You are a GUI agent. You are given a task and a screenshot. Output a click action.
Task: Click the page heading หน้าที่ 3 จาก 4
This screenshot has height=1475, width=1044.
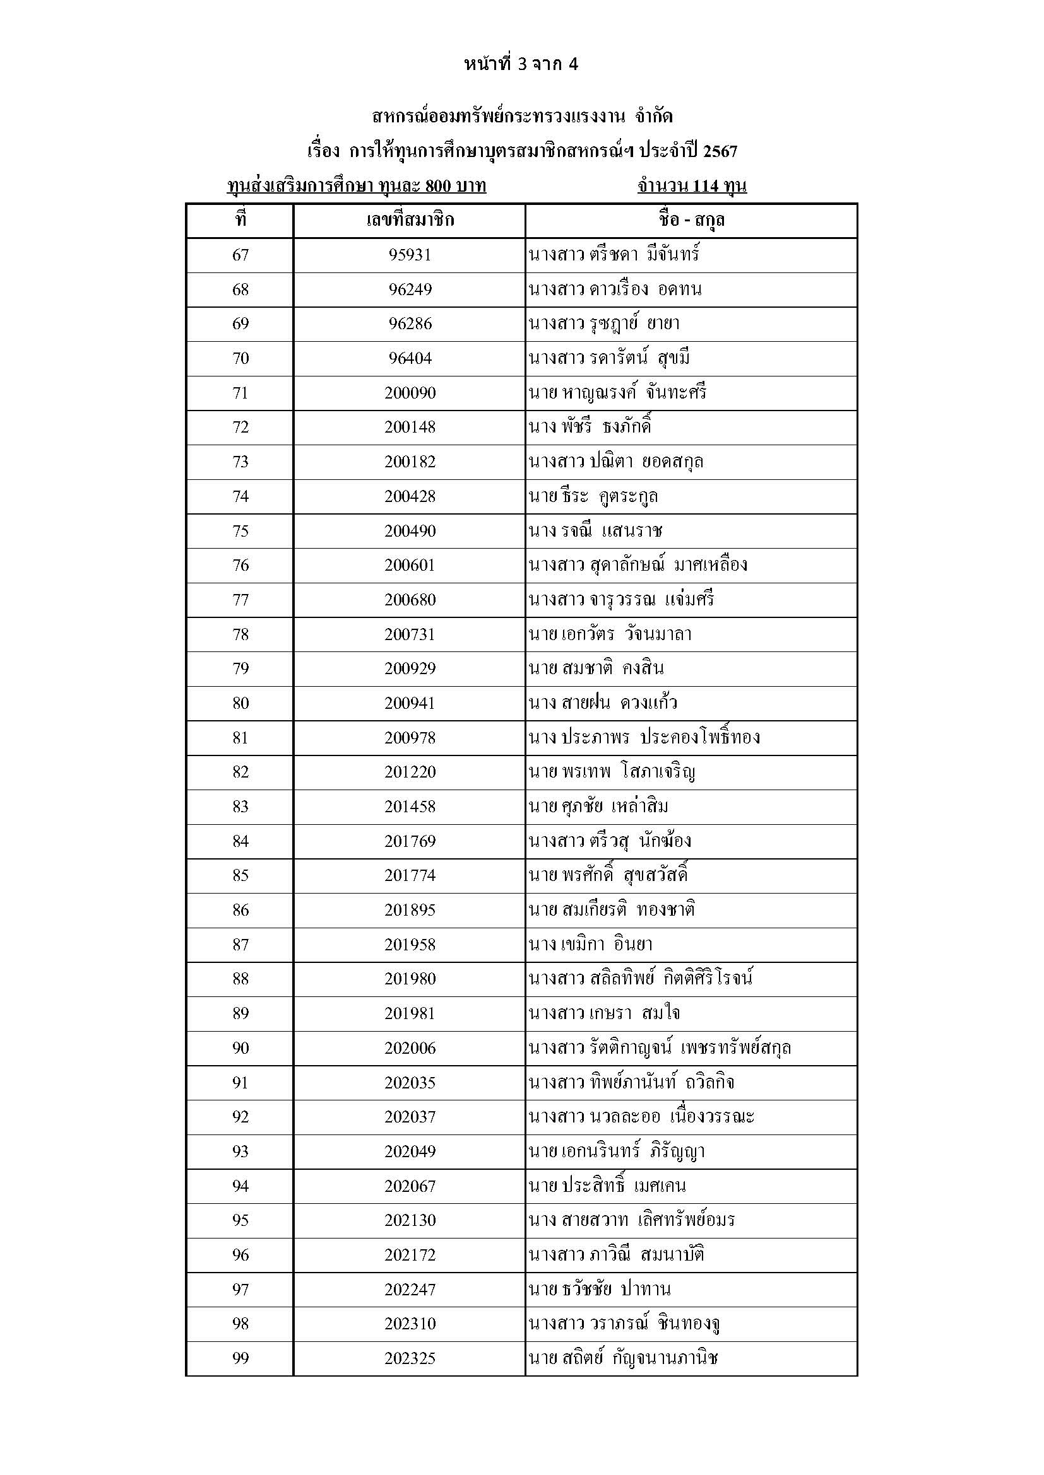[x=521, y=64]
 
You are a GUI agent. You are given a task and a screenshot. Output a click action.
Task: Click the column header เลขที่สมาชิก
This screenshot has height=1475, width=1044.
[x=410, y=220]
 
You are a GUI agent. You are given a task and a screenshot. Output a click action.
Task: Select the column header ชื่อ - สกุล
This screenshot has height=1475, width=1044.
[x=691, y=220]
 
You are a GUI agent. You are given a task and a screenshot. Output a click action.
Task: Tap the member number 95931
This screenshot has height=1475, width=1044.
[x=410, y=255]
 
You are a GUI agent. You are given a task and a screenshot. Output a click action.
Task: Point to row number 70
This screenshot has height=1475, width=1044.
[x=240, y=358]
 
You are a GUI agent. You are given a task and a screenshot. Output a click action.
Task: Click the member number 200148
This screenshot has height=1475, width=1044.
[x=410, y=427]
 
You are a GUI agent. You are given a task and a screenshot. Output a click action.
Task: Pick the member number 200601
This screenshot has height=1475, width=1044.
[x=410, y=565]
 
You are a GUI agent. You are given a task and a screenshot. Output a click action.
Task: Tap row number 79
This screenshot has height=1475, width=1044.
[x=240, y=668]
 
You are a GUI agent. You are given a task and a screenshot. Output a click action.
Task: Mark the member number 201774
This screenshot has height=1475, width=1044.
[x=410, y=875]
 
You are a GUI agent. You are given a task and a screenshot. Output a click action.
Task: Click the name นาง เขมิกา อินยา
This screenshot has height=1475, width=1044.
[x=590, y=945]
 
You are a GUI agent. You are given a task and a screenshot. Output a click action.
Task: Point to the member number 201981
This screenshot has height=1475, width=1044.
[x=410, y=1013]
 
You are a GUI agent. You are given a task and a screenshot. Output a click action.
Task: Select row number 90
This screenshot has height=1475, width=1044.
[x=240, y=1048]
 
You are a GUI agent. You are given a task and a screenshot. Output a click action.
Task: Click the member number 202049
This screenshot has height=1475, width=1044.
[x=410, y=1151]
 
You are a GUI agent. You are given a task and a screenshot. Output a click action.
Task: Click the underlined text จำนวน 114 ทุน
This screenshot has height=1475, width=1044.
[x=692, y=186]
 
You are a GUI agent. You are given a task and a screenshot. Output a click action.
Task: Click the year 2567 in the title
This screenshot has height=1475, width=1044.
[x=720, y=151]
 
